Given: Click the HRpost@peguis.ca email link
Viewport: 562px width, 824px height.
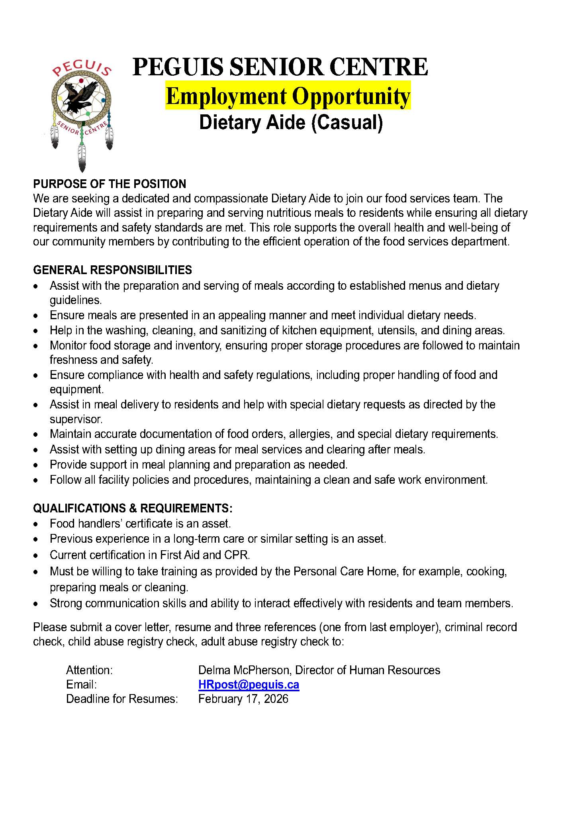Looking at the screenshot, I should (x=249, y=685).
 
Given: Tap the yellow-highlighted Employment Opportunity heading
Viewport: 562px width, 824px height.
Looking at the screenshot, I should (x=288, y=96).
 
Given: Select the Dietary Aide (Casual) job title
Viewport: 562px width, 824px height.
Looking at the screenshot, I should (x=291, y=122).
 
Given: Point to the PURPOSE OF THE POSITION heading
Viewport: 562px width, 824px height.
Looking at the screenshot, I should (x=110, y=184).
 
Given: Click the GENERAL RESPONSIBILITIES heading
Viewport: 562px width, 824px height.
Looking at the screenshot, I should (x=112, y=270).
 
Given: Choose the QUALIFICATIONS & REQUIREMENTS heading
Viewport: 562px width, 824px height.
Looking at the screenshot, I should (x=133, y=508).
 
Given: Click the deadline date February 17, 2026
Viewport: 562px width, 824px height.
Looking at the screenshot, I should (x=243, y=699).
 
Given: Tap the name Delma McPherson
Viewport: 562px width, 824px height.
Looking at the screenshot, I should (x=244, y=670).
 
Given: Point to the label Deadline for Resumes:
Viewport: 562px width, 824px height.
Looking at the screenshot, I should (x=122, y=699).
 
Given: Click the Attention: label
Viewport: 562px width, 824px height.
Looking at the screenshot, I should (x=90, y=670).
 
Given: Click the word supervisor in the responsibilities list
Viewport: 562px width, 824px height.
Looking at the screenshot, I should (x=76, y=419).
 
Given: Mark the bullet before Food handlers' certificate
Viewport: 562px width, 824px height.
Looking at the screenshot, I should (x=37, y=524).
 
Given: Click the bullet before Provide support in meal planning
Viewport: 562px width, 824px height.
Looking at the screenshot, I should (x=37, y=465).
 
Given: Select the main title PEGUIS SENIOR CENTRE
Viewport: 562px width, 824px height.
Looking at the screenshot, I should (x=280, y=67).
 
